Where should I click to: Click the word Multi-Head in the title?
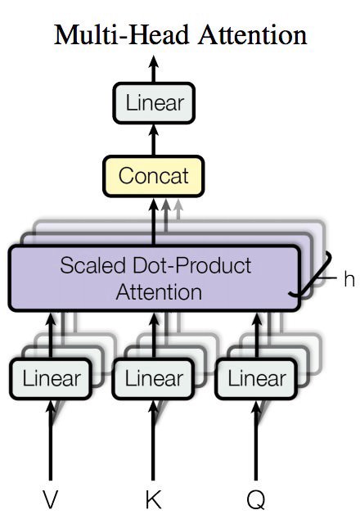pyautogui.click(x=121, y=34)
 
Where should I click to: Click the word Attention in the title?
pyautogui.click(x=253, y=34)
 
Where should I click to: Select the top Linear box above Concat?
pyautogui.click(x=154, y=103)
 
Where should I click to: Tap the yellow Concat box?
pyautogui.click(x=154, y=176)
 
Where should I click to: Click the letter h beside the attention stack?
pyautogui.click(x=349, y=279)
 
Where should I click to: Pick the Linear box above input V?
pyautogui.click(x=51, y=379)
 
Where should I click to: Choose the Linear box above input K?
pyautogui.click(x=153, y=379)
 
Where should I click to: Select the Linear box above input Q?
pyautogui.click(x=256, y=379)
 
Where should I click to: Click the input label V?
pyautogui.click(x=50, y=499)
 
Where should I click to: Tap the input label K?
pyautogui.click(x=153, y=499)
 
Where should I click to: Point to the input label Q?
pyautogui.click(x=256, y=500)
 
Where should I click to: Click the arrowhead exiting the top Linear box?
pyautogui.click(x=153, y=62)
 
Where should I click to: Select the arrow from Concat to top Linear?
pyautogui.click(x=153, y=140)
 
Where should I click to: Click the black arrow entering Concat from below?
pyautogui.click(x=153, y=222)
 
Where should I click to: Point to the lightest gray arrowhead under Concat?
pyautogui.click(x=178, y=205)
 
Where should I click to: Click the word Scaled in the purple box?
pyautogui.click(x=93, y=266)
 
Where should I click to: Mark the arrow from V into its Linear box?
pyautogui.click(x=51, y=440)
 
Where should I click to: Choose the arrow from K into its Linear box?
pyautogui.click(x=153, y=440)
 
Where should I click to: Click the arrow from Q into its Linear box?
pyautogui.click(x=256, y=440)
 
